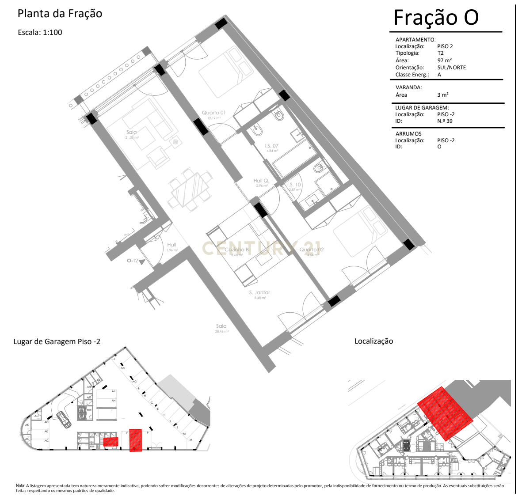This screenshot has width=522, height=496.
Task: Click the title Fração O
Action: tap(436, 18)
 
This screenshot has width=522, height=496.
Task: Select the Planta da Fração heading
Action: tap(60, 14)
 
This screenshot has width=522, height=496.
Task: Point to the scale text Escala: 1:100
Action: tap(40, 32)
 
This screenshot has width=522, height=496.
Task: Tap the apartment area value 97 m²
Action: tap(445, 61)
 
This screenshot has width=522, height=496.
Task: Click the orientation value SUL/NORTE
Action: tap(451, 68)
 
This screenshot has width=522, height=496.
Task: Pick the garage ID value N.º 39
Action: tap(445, 121)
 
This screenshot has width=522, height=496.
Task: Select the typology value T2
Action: tap(440, 53)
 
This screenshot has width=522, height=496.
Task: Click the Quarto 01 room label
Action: tap(213, 113)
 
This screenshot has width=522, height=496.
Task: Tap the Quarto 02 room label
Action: tap(312, 250)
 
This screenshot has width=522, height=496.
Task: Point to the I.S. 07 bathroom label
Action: tap(271, 146)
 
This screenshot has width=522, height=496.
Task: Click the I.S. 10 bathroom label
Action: tap(294, 185)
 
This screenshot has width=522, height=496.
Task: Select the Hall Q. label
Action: tap(261, 181)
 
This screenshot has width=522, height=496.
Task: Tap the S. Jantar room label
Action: tap(259, 292)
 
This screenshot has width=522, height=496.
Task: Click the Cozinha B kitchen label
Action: tap(236, 250)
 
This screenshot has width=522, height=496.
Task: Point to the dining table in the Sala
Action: tap(189, 190)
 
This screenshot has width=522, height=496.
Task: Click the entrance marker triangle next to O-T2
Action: tap(142, 262)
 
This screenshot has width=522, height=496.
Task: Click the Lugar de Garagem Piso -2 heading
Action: tap(57, 341)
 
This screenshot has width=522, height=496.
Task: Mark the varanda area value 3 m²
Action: tap(443, 95)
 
